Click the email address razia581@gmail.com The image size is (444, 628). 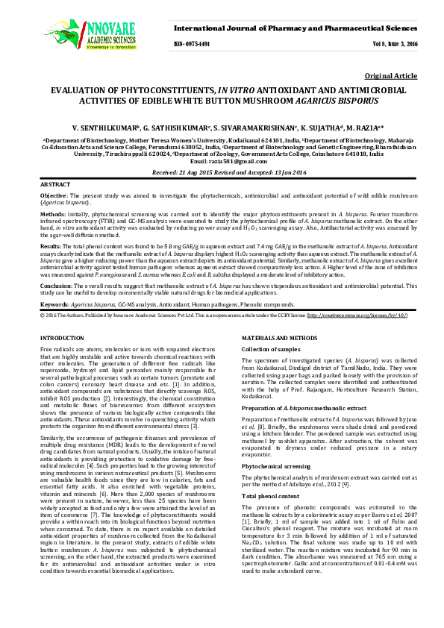pyautogui.click(x=222, y=162)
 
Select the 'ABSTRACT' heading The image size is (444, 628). pyautogui.click(x=56, y=183)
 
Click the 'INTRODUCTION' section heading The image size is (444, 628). pyautogui.click(x=62, y=338)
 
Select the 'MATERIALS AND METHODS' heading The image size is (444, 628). pyautogui.click(x=281, y=338)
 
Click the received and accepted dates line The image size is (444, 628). pyautogui.click(x=222, y=172)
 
